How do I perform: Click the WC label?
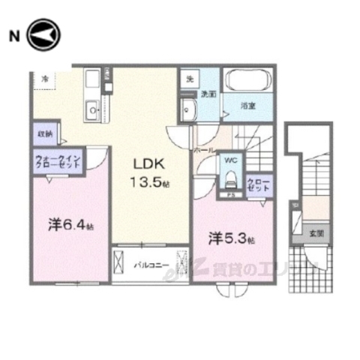pyautogui.click(x=230, y=160)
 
